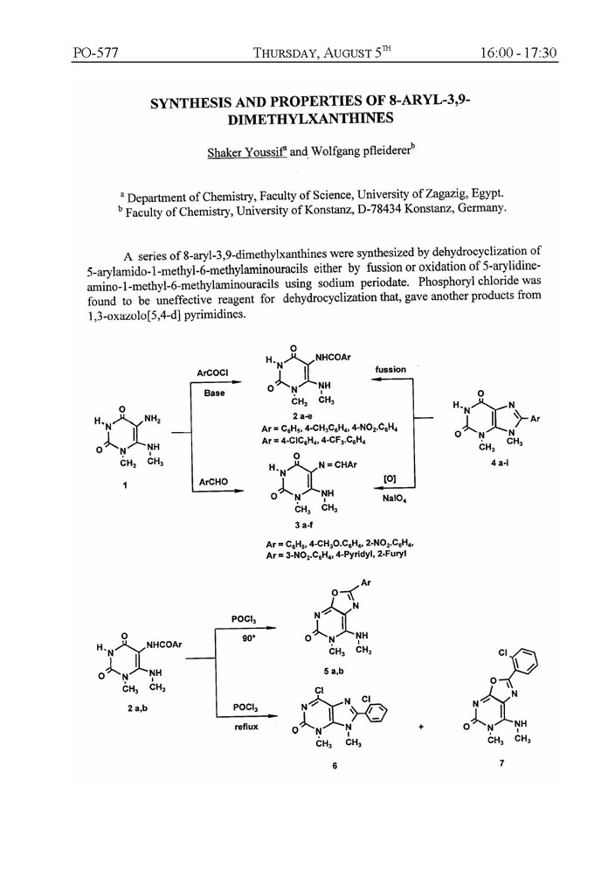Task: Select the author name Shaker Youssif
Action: point(245,152)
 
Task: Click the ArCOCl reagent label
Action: point(213,373)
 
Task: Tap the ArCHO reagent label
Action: point(213,481)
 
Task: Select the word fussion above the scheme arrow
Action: point(390,370)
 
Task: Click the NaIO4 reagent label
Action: point(390,498)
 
